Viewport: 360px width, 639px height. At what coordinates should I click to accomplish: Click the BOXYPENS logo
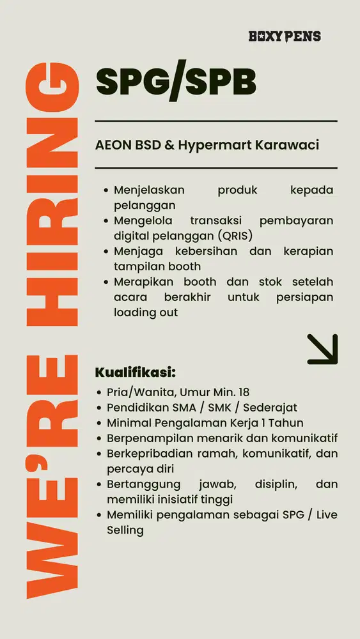(x=285, y=36)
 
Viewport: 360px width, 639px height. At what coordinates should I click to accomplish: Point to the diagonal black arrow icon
(x=322, y=350)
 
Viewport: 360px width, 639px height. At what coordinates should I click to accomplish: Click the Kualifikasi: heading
(x=135, y=373)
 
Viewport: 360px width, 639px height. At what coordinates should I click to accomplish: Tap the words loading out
(x=146, y=312)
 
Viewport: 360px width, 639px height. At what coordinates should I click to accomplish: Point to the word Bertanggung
(x=144, y=484)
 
